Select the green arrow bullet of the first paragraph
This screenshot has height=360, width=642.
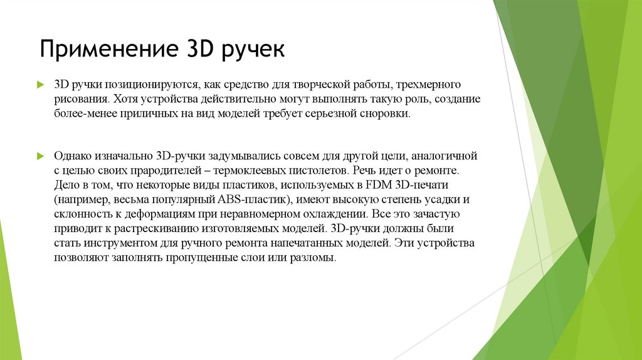pos(40,83)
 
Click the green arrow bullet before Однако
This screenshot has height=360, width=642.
pos(40,154)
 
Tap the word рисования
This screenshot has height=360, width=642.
pos(80,99)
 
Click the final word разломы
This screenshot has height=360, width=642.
pos(315,258)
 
